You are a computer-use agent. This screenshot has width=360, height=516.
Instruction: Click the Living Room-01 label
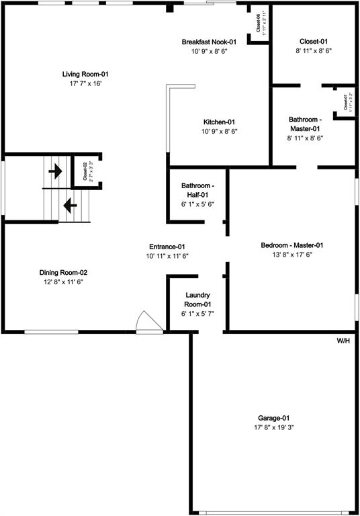point(86,74)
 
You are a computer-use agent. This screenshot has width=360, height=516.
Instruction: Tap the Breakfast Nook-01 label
point(209,42)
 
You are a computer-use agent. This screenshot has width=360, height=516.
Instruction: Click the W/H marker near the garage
point(344,341)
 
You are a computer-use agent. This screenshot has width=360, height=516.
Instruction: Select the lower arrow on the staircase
point(69,203)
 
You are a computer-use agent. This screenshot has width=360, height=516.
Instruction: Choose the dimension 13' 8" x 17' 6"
point(292,255)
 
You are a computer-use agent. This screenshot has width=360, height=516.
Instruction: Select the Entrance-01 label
point(167,247)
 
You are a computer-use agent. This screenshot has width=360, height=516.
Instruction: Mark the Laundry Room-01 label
point(197,300)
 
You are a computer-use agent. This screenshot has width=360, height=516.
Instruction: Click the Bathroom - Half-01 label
point(197,190)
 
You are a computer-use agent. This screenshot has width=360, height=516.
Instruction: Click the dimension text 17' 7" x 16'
point(86,83)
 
